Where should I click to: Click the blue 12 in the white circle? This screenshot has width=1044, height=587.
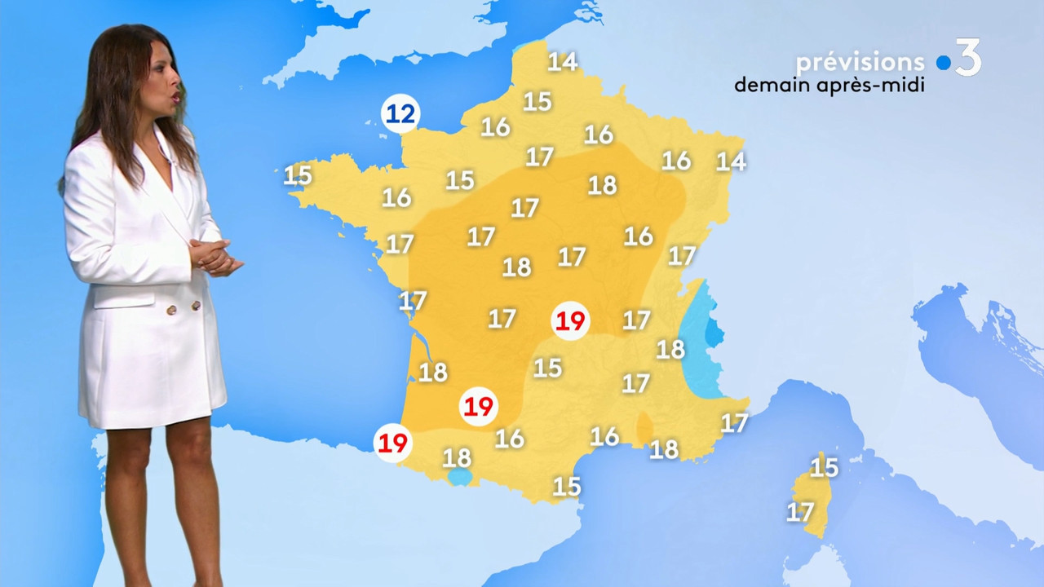click(400, 114)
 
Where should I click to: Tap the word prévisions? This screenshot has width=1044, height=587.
click(860, 63)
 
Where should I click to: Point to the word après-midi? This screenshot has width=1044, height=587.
click(878, 86)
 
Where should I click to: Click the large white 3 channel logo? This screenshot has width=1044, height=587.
click(968, 59)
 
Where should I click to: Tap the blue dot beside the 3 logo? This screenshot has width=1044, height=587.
click(944, 63)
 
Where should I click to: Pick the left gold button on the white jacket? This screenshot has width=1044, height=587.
click(171, 308)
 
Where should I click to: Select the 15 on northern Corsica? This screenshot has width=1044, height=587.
click(824, 467)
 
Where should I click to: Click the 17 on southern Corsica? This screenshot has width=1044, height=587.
click(800, 512)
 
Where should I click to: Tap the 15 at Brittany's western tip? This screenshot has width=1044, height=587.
click(298, 174)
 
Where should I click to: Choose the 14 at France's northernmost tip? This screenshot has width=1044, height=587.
click(562, 61)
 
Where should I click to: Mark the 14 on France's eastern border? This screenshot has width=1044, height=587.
click(731, 161)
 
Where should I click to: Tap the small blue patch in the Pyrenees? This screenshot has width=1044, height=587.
click(460, 477)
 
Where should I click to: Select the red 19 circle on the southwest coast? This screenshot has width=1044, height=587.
click(393, 443)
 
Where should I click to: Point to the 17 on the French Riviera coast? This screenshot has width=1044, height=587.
click(734, 422)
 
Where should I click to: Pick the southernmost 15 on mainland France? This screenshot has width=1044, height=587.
click(567, 487)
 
